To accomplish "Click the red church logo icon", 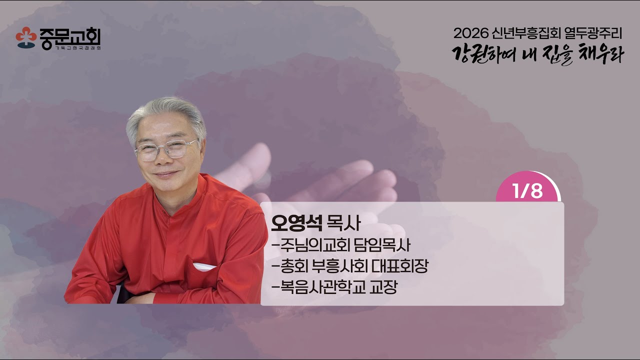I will [x=25, y=37].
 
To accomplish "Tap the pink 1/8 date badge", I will [x=527, y=191].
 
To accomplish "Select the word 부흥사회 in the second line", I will [x=339, y=266].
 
